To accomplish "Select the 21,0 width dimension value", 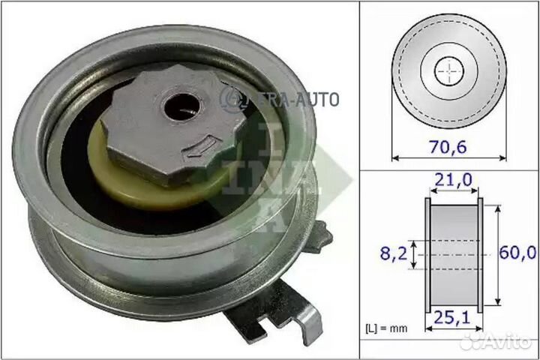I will point(453,181).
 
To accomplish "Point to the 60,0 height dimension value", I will point(520,253).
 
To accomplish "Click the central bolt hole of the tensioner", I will point(179,106).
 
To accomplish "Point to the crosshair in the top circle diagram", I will point(449,70).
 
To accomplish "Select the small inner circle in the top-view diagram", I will point(449,70).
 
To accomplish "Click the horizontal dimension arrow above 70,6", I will point(448,157).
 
